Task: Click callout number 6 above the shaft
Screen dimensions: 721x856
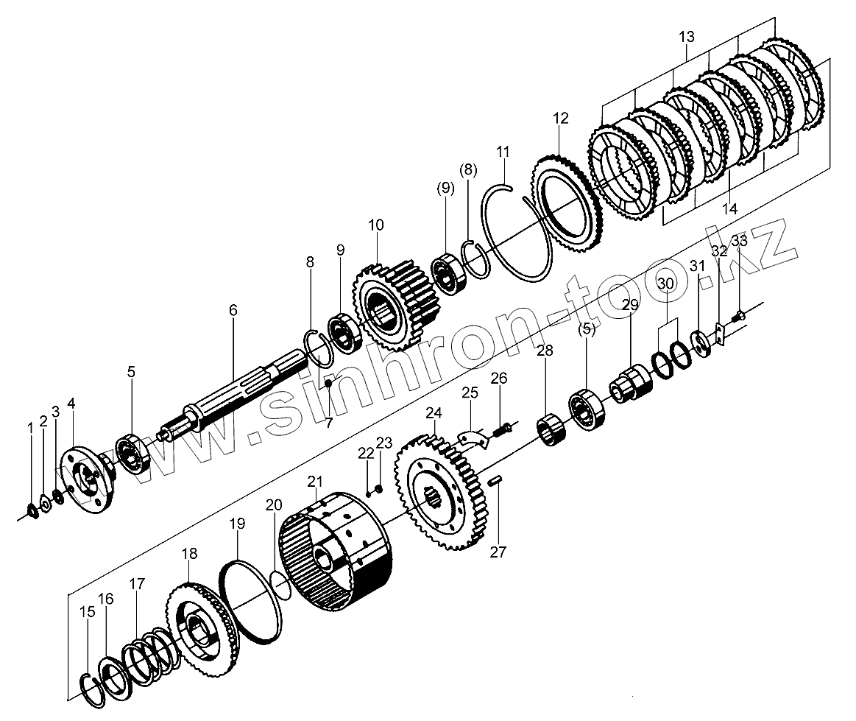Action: [233, 310]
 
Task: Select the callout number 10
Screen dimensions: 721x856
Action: [376, 225]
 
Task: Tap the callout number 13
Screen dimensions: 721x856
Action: [686, 36]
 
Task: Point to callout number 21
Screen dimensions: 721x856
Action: [315, 482]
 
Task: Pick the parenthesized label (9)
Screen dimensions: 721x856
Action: [446, 188]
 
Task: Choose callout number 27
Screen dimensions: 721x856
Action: [498, 552]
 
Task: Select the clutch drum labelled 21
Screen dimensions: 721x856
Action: [339, 552]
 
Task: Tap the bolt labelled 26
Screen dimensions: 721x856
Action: [502, 429]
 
